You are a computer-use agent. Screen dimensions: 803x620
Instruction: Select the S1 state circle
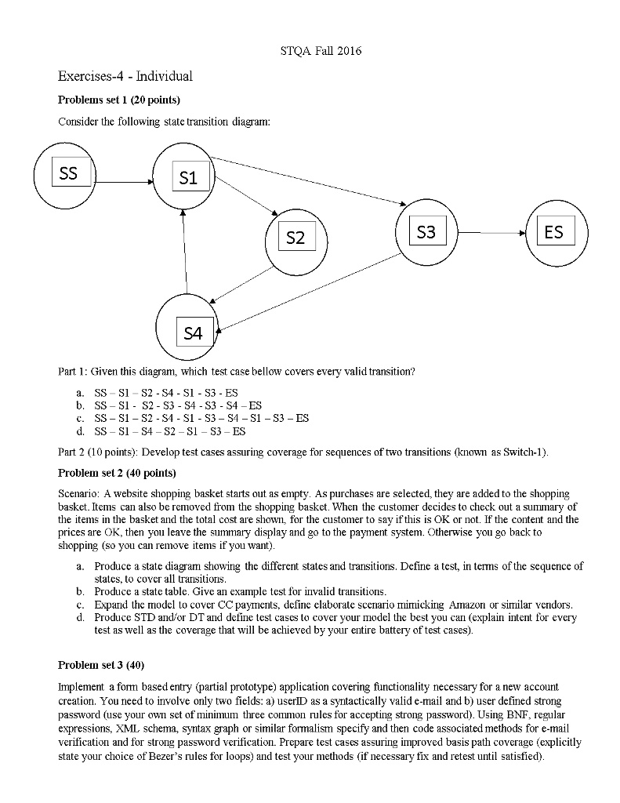(x=186, y=179)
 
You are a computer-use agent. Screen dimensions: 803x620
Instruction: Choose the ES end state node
(x=555, y=233)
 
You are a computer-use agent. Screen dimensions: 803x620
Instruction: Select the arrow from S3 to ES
(x=491, y=233)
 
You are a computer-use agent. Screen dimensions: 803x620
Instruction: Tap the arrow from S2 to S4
(x=242, y=289)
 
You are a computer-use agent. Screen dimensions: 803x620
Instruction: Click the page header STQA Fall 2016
(x=321, y=52)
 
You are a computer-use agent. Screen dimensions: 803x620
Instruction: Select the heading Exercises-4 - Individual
(x=125, y=77)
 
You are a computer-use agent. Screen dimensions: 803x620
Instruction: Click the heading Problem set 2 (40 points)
(x=118, y=474)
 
